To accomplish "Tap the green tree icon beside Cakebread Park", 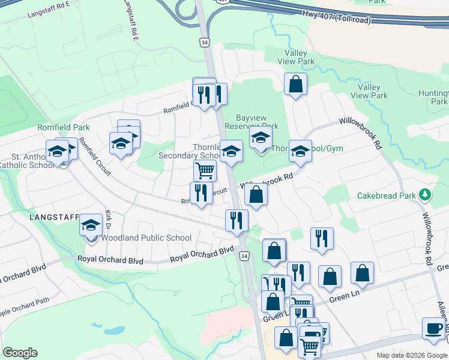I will coord(425,194).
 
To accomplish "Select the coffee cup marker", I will coord(433,328).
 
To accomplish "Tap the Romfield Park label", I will coord(63,127).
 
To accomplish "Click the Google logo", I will coord(20,353).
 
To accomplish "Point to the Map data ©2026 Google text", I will coord(412,355).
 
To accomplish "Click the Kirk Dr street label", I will coord(108,220).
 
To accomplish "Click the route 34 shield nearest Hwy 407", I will coord(204,42).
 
